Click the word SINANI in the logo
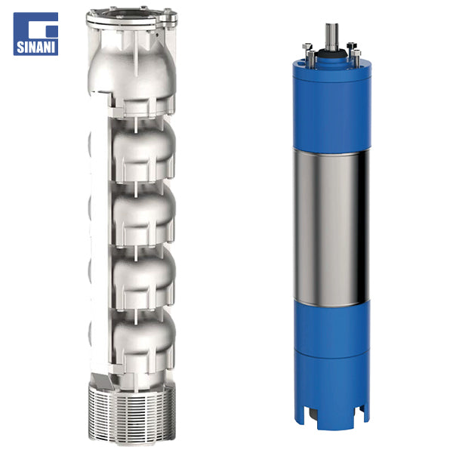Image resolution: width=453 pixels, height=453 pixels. click(35, 47)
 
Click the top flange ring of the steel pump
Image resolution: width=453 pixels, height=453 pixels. click(131, 18)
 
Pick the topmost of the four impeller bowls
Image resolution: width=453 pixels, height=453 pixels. click(143, 150)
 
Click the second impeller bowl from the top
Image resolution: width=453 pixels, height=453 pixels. click(143, 214)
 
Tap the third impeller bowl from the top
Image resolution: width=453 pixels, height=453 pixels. click(143, 277)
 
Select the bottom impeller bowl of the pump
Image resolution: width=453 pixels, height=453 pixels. click(143, 341)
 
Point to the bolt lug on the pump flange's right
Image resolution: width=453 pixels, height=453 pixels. click(168, 18)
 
